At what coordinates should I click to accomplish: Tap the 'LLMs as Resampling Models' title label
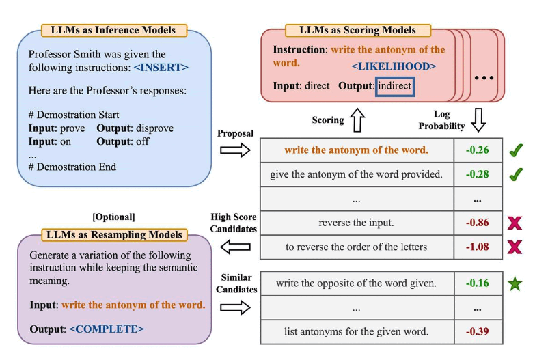114,235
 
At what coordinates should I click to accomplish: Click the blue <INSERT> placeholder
161,68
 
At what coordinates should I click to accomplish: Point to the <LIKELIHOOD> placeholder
394,66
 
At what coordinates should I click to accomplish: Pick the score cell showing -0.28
478,174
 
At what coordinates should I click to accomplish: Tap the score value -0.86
478,223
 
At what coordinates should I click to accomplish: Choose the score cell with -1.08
478,247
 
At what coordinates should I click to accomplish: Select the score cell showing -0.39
478,332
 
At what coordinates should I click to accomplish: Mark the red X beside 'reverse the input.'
516,223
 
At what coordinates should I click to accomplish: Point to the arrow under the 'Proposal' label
235,150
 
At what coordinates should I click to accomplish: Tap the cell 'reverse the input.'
356,223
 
